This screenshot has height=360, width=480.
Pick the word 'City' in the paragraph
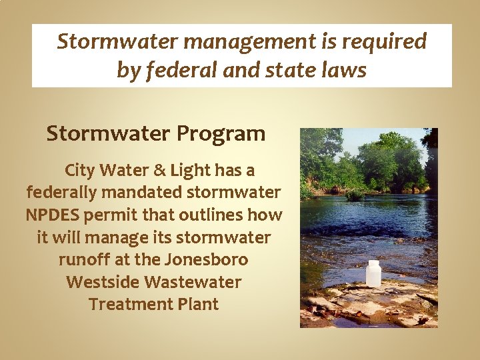tap(80, 171)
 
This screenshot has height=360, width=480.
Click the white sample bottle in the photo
tap(373, 273)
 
